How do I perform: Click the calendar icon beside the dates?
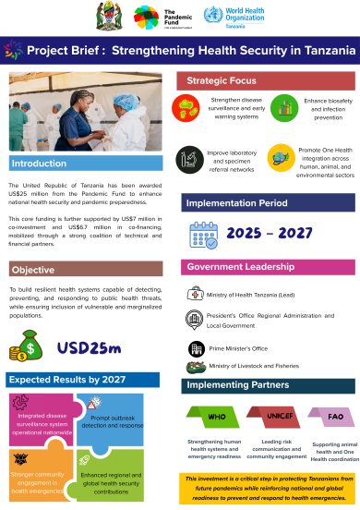(203, 237)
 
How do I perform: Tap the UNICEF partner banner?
(267, 417)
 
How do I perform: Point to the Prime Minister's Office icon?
(195, 347)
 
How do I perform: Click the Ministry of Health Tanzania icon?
(194, 294)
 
